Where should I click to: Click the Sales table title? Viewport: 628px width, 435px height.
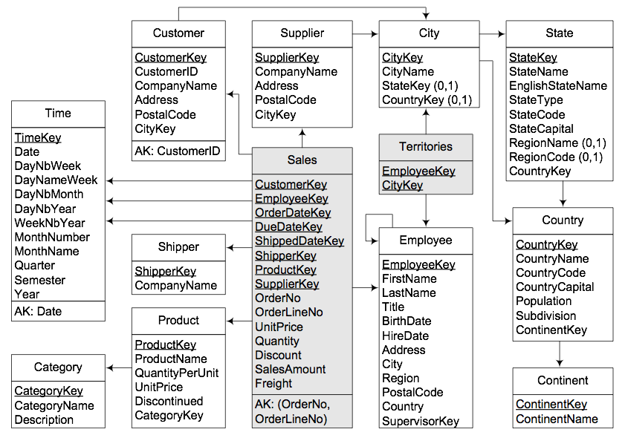click(x=302, y=160)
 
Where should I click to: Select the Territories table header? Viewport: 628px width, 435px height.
click(x=426, y=147)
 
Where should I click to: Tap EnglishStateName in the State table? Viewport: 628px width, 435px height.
click(x=558, y=85)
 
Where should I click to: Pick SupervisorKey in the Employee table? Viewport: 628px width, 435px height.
click(x=421, y=421)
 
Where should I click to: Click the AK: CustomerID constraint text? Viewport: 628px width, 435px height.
click(x=178, y=151)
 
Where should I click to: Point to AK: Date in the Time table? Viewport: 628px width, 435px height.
click(x=38, y=311)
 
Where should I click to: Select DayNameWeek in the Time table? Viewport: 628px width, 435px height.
click(x=56, y=180)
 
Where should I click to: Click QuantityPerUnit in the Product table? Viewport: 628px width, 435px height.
click(x=177, y=373)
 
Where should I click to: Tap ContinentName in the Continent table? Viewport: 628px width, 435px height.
click(x=557, y=419)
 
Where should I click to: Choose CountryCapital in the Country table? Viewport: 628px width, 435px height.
click(x=554, y=287)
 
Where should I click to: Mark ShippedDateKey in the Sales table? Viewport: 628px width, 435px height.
click(x=300, y=241)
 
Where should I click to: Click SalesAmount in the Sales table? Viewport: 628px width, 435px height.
click(x=291, y=369)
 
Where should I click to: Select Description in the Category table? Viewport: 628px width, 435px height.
click(x=44, y=420)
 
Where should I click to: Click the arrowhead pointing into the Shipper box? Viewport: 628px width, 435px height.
click(x=230, y=248)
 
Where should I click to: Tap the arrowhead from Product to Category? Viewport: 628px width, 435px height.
click(x=109, y=367)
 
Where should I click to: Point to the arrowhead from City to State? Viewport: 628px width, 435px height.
click(x=502, y=34)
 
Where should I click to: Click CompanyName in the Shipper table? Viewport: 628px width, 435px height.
click(x=176, y=285)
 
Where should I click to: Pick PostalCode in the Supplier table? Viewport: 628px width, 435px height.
click(x=285, y=100)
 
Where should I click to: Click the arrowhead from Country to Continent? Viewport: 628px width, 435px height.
click(x=560, y=364)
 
